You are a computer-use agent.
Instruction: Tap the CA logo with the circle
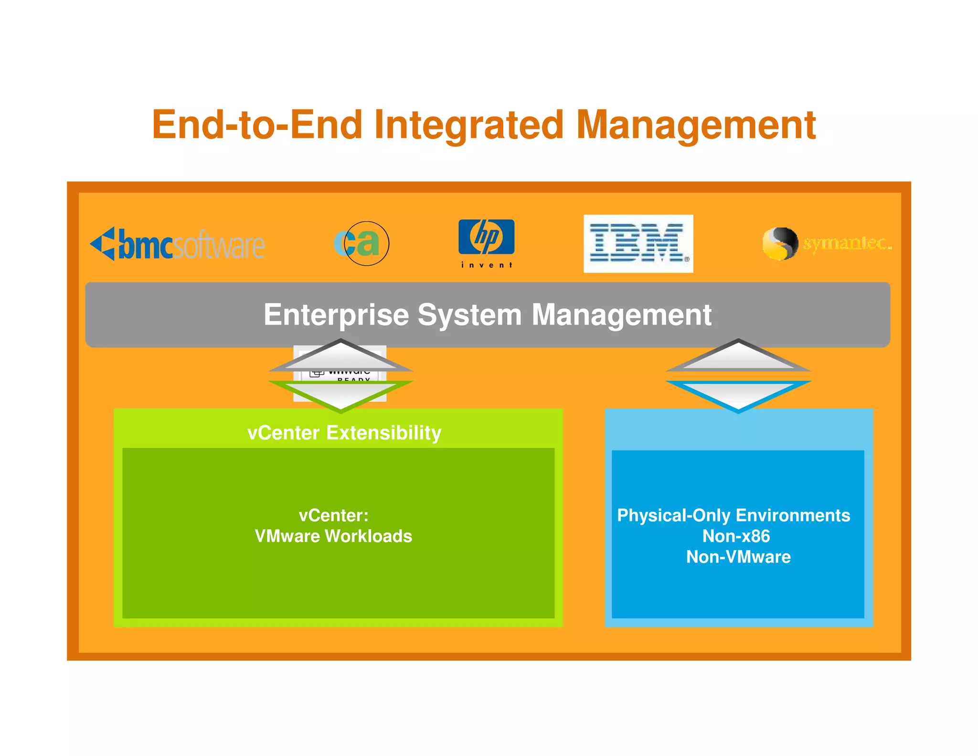pos(361,243)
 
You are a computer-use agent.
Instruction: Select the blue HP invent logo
pos(486,238)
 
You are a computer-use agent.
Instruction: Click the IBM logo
pos(638,244)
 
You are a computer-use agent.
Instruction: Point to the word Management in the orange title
pos(696,125)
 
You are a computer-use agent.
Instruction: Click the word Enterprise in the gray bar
pos(336,315)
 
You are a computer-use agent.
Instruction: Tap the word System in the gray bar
pos(469,315)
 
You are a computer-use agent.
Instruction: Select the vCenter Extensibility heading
pos(344,433)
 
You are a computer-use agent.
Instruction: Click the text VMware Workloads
pos(333,536)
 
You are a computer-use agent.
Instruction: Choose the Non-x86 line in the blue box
pos(736,536)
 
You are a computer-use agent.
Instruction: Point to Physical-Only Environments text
pos(733,516)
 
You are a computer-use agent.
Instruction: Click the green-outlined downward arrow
pos(340,394)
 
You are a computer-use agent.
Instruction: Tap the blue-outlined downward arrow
pos(738,394)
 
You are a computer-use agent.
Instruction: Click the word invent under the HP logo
pos(486,265)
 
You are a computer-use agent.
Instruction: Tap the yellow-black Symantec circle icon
pos(780,244)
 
